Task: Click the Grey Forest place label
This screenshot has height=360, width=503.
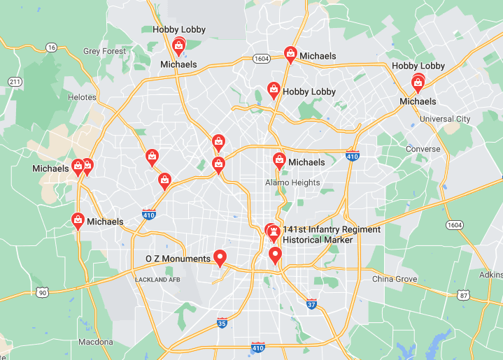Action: click(104, 51)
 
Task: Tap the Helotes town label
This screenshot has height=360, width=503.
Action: click(82, 97)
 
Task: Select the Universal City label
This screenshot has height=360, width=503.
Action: click(445, 119)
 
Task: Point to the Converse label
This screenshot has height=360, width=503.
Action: click(424, 149)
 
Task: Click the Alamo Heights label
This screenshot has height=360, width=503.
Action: click(292, 183)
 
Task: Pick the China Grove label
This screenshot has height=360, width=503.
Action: click(395, 279)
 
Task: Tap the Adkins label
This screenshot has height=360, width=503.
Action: click(491, 275)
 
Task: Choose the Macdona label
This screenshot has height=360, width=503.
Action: click(96, 342)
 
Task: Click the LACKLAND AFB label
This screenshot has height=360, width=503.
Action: click(158, 280)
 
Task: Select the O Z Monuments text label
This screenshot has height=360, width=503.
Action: click(178, 259)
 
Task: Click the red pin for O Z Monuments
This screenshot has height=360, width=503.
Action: click(220, 258)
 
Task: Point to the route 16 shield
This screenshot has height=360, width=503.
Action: click(51, 48)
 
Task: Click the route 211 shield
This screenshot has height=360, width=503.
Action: click(15, 82)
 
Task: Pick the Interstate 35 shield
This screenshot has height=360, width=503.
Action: click(222, 322)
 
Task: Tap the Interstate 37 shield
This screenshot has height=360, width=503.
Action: click(311, 303)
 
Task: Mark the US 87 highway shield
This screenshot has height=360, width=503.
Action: click(463, 295)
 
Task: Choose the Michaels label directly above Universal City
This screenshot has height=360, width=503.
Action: click(418, 101)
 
